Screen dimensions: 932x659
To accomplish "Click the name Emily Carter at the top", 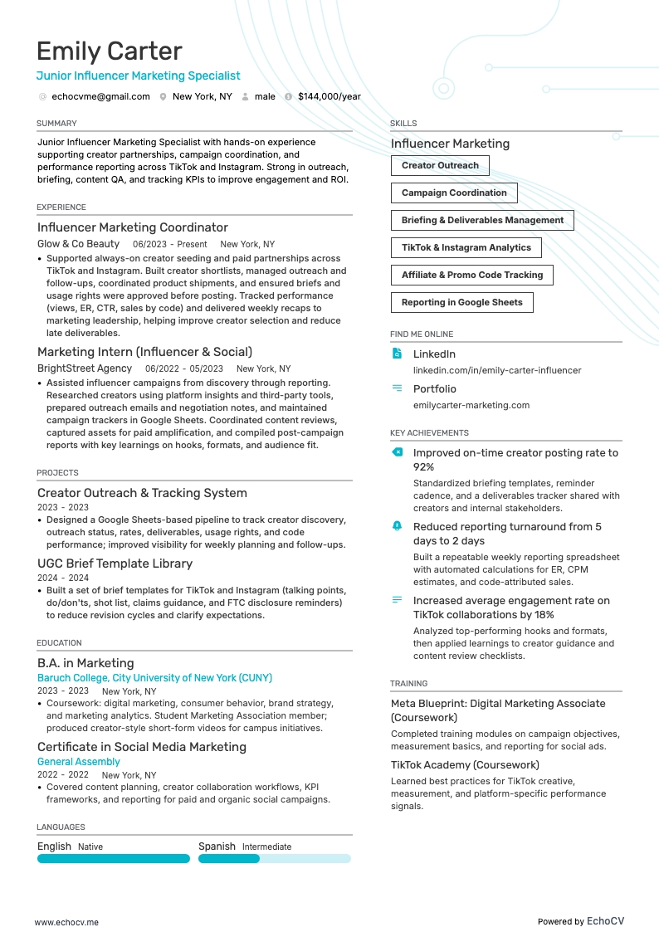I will pyautogui.click(x=109, y=51).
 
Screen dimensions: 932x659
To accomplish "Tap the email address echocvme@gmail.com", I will pyautogui.click(x=100, y=96).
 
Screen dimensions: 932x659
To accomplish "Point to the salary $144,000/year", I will pyautogui.click(x=329, y=96).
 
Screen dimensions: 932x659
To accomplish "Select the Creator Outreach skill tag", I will pyautogui.click(x=440, y=165).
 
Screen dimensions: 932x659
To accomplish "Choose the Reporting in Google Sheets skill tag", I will pyautogui.click(x=461, y=302).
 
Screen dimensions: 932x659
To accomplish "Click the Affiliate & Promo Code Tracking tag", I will pyautogui.click(x=471, y=275).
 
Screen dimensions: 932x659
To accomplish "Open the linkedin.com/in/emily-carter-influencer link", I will pyautogui.click(x=496, y=370).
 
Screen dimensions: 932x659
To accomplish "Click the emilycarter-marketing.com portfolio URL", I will pyautogui.click(x=471, y=405).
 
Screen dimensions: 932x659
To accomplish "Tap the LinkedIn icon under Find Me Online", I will pyautogui.click(x=397, y=354).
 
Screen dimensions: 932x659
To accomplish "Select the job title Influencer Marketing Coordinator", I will pyautogui.click(x=132, y=227).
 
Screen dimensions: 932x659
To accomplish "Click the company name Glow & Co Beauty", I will pyautogui.click(x=78, y=244).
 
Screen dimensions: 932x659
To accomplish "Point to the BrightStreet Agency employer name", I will pyautogui.click(x=84, y=368).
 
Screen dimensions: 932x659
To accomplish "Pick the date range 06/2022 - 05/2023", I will pyautogui.click(x=183, y=368).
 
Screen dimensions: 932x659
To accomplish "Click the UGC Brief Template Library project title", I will pyautogui.click(x=115, y=564).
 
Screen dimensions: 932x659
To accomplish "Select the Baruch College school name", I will pyautogui.click(x=154, y=678).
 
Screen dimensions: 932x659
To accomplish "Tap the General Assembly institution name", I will pyautogui.click(x=78, y=761).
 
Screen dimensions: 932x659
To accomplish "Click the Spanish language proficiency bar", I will pyautogui.click(x=274, y=859).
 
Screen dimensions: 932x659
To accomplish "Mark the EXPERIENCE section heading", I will pyautogui.click(x=61, y=207).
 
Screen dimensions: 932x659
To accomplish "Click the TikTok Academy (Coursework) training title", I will pyautogui.click(x=465, y=764).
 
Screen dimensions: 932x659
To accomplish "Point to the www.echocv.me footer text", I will pyautogui.click(x=66, y=899).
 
